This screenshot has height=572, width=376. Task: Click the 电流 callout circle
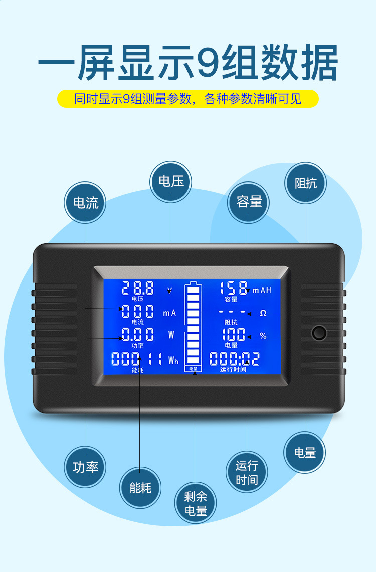tap(85, 203)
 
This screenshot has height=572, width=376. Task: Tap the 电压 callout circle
tap(171, 181)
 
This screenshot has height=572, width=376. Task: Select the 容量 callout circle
tap(249, 202)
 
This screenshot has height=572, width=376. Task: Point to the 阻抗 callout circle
tap(305, 182)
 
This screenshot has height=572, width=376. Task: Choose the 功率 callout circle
tap(85, 467)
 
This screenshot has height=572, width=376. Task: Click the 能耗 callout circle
tap(140, 487)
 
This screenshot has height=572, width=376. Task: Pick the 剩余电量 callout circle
tap(196, 504)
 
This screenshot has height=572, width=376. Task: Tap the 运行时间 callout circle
tap(247, 473)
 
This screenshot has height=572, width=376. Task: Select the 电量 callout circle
tap(305, 452)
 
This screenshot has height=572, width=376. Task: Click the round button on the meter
tap(318, 333)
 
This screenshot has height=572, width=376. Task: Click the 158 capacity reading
tap(234, 288)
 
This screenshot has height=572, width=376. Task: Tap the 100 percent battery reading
tap(234, 335)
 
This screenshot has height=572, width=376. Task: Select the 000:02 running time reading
tap(234, 359)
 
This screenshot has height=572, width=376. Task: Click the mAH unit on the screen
tap(262, 290)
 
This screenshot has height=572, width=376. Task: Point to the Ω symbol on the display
tap(263, 313)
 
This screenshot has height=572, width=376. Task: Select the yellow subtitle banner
tap(188, 99)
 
